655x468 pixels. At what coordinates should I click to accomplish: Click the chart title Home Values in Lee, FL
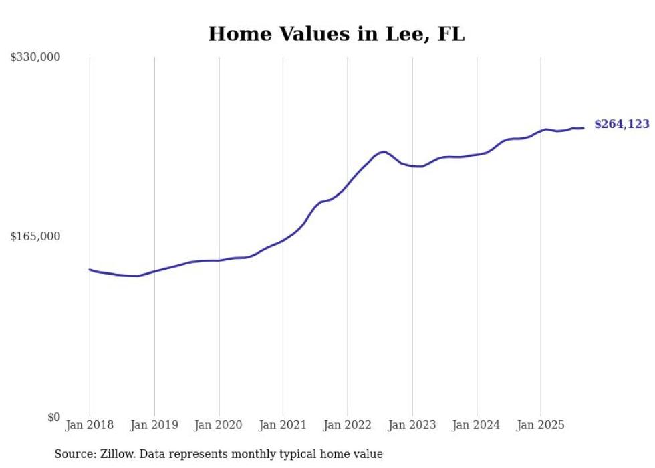[336, 34]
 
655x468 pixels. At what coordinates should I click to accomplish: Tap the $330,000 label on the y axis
[35, 58]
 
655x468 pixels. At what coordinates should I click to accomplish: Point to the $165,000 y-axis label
[35, 236]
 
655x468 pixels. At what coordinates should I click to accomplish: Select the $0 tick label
[53, 417]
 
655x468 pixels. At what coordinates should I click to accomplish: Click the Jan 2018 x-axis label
[90, 425]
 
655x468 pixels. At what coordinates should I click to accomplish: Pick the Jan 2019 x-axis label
[154, 425]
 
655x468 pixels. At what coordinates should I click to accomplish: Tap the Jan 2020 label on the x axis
[219, 425]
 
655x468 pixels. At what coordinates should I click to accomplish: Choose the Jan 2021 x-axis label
[283, 425]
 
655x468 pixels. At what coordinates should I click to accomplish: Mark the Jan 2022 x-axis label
[348, 425]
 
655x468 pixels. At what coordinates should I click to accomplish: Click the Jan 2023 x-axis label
[412, 425]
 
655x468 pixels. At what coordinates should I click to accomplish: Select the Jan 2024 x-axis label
[477, 425]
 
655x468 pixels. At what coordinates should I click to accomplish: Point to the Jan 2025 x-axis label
[541, 425]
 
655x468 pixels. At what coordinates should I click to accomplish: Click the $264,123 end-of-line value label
[622, 124]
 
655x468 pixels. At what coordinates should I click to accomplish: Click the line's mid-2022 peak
[384, 151]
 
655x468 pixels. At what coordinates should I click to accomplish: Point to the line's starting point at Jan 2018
[90, 269]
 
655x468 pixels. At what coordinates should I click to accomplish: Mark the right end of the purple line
[583, 128]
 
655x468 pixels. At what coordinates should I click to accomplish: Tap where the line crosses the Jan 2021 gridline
[283, 240]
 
